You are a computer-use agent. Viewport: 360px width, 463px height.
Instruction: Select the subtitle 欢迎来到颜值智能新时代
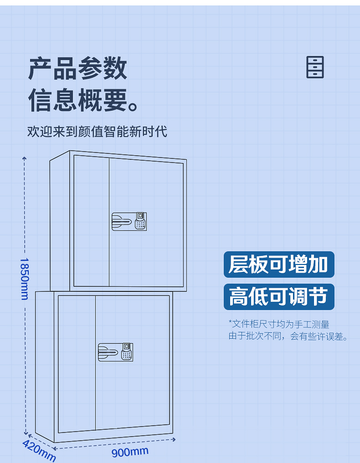(97, 132)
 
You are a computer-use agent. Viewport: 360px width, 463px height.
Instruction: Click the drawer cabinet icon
(315, 67)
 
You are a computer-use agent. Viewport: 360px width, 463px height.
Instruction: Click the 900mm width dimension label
(130, 452)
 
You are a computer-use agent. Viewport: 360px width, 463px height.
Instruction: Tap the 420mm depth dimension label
(39, 451)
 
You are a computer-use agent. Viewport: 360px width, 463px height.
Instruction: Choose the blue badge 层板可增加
(278, 265)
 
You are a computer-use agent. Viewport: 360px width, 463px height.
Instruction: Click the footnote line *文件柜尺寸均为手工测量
(278, 324)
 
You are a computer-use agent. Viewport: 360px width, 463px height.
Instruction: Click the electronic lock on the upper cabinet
(129, 221)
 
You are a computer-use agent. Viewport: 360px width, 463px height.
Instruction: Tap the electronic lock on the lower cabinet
(115, 352)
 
